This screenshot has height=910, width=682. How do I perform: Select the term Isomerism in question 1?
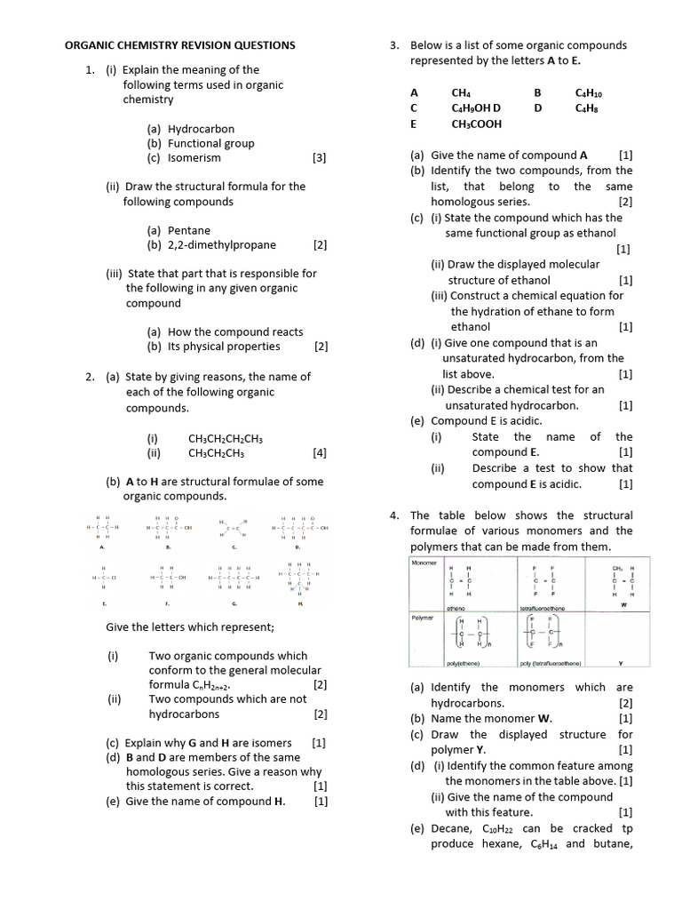click(194, 158)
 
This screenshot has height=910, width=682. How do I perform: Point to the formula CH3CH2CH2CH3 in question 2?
click(226, 438)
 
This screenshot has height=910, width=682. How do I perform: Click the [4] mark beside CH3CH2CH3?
click(320, 452)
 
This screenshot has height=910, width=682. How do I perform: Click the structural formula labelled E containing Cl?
click(104, 579)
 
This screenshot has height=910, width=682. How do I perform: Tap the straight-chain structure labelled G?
click(234, 579)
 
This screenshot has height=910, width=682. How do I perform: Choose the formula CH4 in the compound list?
click(461, 92)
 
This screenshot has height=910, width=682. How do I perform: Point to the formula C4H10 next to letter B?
click(591, 92)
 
